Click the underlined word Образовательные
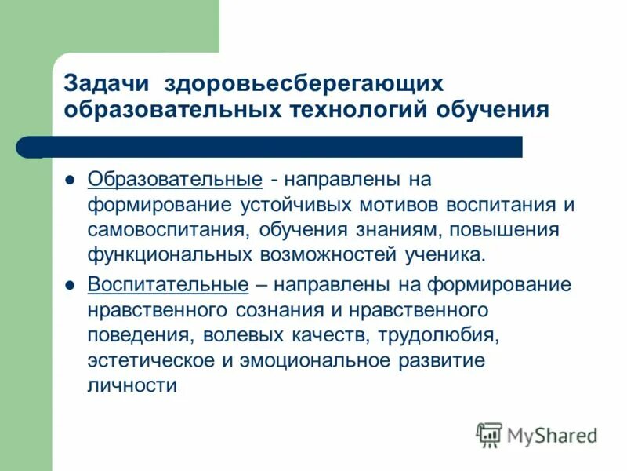point(175,179)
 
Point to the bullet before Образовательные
point(70,180)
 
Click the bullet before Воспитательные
point(70,285)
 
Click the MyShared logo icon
point(490,434)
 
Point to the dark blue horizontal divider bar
point(282,147)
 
